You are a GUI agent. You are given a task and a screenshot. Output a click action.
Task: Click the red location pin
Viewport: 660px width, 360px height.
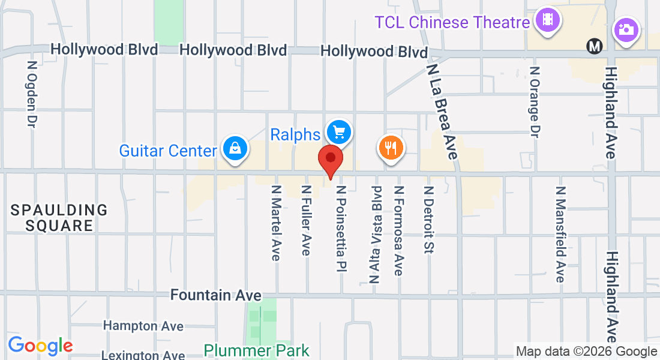(330, 160)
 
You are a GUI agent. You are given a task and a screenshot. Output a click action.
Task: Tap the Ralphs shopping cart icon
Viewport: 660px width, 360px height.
(339, 131)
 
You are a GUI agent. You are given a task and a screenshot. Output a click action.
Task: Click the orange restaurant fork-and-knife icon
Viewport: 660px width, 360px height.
(391, 147)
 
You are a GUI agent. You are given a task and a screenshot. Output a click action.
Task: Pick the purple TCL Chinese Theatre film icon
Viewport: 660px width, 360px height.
(547, 19)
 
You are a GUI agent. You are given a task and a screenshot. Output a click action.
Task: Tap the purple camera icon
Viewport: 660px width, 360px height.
(626, 29)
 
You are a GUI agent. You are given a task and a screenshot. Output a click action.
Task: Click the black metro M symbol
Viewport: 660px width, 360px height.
(595, 46)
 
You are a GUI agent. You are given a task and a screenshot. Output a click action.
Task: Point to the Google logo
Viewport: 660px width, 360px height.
(40, 346)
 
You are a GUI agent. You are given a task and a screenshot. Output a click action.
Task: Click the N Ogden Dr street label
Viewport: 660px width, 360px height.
(32, 93)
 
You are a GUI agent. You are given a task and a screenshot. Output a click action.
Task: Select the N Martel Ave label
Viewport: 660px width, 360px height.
(276, 222)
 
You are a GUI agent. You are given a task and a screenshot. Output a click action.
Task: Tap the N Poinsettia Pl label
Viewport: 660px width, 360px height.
(341, 229)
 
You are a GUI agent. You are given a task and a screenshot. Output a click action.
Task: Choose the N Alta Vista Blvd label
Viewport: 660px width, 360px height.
(376, 234)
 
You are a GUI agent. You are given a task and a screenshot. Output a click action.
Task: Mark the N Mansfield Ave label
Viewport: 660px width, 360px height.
(560, 234)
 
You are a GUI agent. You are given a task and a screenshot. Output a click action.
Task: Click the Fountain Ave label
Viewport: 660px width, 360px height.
(215, 295)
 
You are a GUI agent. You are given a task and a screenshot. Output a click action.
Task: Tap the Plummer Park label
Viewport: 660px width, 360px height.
(256, 350)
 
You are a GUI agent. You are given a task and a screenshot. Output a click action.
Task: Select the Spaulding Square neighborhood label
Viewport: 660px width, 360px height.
(59, 218)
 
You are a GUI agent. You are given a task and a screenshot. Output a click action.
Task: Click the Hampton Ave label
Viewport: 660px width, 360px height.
(143, 326)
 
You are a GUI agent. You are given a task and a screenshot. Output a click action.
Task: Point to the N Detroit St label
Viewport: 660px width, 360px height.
(428, 219)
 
